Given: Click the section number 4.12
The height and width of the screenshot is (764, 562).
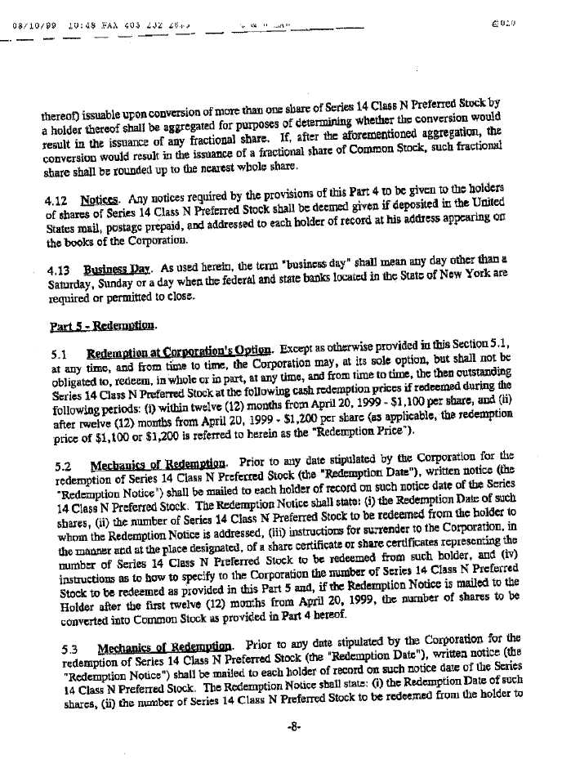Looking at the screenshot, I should click(56, 199).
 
